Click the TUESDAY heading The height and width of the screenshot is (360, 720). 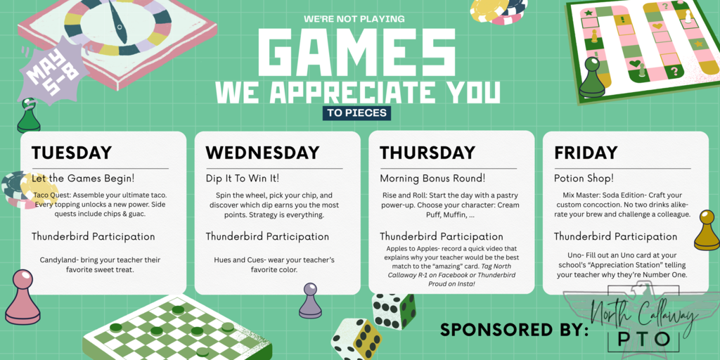(72, 153)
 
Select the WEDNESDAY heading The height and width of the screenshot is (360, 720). (262, 153)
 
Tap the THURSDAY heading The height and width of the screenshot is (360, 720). (427, 153)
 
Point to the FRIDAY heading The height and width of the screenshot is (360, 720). (586, 153)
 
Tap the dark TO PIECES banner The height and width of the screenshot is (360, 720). (356, 112)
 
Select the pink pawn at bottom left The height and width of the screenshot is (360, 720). (22, 298)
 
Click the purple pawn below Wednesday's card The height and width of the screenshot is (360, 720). (309, 301)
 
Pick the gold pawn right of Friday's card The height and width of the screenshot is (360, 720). (706, 231)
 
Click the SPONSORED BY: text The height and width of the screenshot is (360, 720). (514, 330)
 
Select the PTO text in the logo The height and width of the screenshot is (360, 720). (643, 339)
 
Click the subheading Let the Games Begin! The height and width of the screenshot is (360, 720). (83, 178)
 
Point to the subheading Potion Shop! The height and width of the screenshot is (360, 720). (584, 178)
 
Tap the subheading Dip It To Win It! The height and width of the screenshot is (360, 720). (243, 178)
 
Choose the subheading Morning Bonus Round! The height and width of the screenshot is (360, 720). (432, 178)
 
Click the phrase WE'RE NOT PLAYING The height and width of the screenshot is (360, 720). (354, 18)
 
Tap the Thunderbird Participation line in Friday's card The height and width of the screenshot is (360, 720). (615, 236)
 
